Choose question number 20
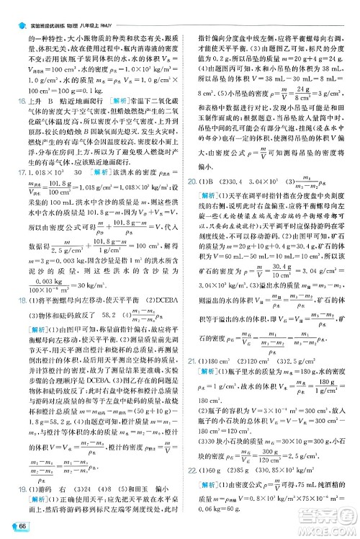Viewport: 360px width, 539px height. click(189, 220)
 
